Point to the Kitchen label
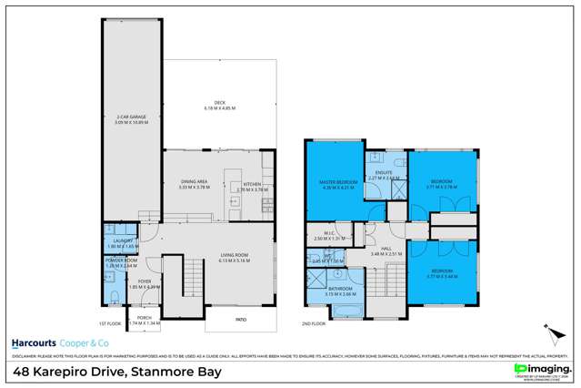tap(252, 184)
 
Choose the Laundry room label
tap(116, 244)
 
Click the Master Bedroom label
tap(336, 183)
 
